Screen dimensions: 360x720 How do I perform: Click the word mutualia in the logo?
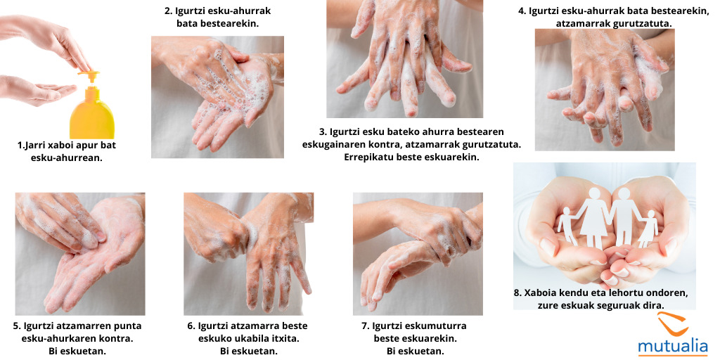(673, 346)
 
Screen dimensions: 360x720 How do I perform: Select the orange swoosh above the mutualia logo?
(676, 325)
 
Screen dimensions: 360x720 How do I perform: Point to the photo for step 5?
(80, 253)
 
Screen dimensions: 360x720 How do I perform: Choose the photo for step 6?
(248, 253)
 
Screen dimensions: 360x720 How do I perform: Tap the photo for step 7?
(418, 253)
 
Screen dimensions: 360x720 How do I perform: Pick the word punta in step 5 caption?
(126, 326)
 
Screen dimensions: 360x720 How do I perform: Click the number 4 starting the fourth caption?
(522, 11)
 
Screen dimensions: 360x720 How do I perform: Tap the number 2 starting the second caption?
(168, 11)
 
